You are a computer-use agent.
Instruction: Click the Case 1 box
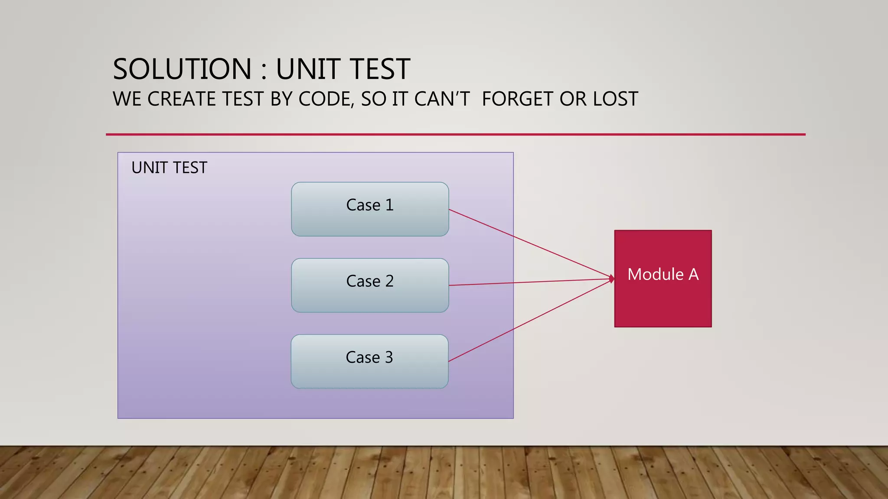click(x=370, y=209)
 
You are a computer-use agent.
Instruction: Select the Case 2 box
click(x=370, y=285)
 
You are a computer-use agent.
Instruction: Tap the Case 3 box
click(x=369, y=362)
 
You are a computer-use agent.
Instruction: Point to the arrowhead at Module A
click(x=612, y=279)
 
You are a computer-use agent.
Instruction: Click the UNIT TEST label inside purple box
click(x=169, y=168)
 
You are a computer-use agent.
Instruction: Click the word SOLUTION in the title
click(x=182, y=69)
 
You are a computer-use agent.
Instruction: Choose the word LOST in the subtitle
click(x=615, y=99)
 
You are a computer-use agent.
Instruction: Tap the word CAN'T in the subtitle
click(x=442, y=99)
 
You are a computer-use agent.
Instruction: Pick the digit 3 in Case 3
click(x=388, y=357)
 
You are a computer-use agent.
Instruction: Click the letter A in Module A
click(x=693, y=274)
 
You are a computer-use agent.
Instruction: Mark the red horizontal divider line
click(x=455, y=134)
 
